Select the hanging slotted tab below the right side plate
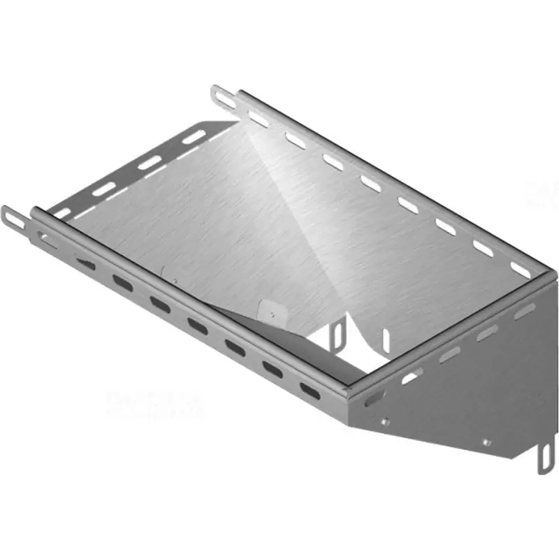coord(543,458)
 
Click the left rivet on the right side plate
coord(384,421)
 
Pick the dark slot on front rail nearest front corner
coord(308,390)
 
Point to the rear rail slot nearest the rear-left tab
coord(257,119)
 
